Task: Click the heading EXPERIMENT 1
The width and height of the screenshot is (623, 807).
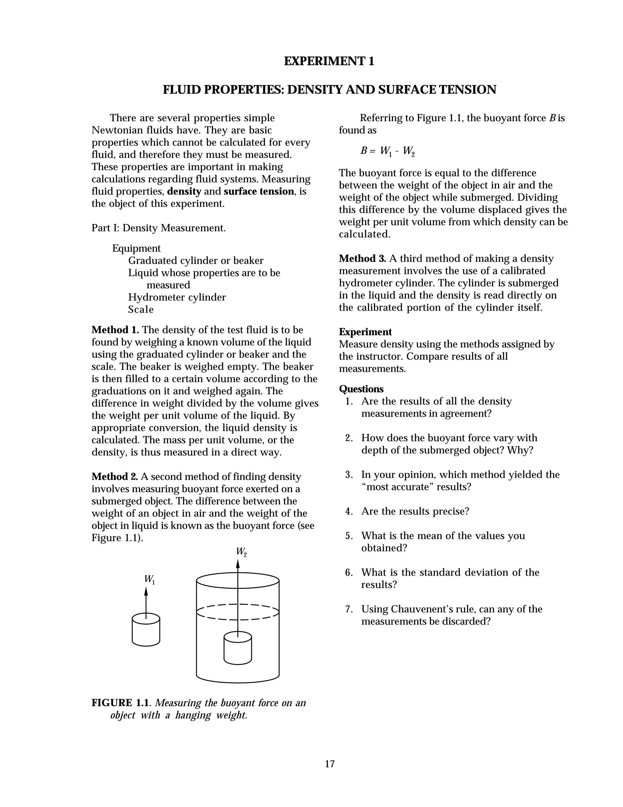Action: click(329, 61)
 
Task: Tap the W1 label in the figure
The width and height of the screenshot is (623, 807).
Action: click(149, 580)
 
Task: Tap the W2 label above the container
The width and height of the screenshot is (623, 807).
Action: click(241, 552)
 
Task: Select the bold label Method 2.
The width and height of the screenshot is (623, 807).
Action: click(115, 477)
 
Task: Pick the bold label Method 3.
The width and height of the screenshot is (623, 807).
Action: click(362, 259)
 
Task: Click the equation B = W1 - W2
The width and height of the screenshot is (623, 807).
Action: click(388, 151)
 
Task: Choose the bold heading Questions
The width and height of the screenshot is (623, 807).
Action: click(361, 389)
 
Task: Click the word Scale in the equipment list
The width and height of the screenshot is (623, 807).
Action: click(141, 310)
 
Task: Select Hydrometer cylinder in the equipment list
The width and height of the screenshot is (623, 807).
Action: click(177, 298)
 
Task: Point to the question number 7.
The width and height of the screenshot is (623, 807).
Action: click(349, 609)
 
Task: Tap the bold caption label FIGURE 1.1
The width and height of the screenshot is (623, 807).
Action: click(121, 703)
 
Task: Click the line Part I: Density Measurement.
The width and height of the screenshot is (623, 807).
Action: click(158, 228)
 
